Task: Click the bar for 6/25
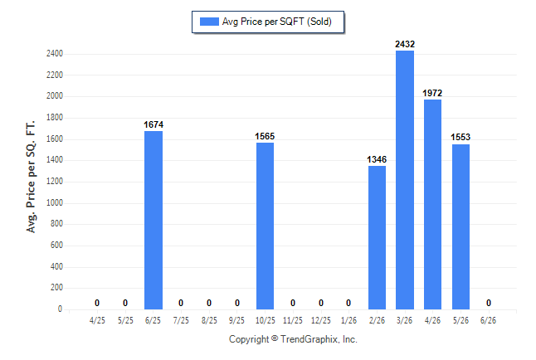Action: pyautogui.click(x=153, y=220)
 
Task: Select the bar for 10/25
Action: pyautogui.click(x=265, y=226)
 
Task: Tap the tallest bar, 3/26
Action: pyautogui.click(x=405, y=180)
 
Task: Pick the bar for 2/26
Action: pyautogui.click(x=377, y=237)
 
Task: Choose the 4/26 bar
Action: pyautogui.click(x=433, y=204)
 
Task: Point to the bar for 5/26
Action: pyautogui.click(x=460, y=226)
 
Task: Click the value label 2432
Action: pyautogui.click(x=405, y=44)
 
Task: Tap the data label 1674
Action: pyautogui.click(x=153, y=124)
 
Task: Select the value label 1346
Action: pyautogui.click(x=377, y=159)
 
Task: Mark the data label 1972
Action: pyautogui.click(x=432, y=93)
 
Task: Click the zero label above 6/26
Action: pyautogui.click(x=489, y=303)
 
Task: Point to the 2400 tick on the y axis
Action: pyautogui.click(x=55, y=54)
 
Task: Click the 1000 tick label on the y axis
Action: pyautogui.click(x=55, y=202)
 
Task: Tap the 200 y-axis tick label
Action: pyautogui.click(x=56, y=288)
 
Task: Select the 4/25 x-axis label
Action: pyautogui.click(x=97, y=320)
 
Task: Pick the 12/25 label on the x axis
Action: pyautogui.click(x=321, y=320)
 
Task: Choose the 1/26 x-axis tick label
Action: pyautogui.click(x=348, y=320)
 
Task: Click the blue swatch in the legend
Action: pyautogui.click(x=209, y=22)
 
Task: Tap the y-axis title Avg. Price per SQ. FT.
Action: pyautogui.click(x=31, y=177)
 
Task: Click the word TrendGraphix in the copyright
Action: pyautogui.click(x=309, y=339)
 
